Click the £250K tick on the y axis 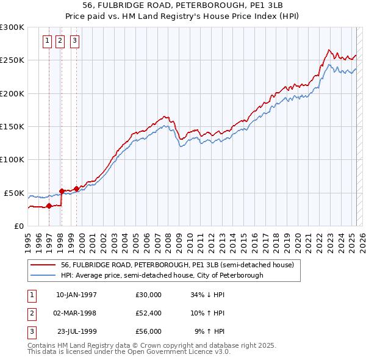(12, 60)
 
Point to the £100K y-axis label (12, 159)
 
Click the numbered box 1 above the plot (48, 41)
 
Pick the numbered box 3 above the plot (74, 41)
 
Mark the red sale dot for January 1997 (49, 206)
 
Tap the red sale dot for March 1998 (62, 191)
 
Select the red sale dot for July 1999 (77, 189)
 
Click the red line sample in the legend (43, 265)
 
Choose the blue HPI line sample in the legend (43, 275)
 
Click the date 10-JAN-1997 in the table (76, 295)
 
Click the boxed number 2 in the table (31, 313)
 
